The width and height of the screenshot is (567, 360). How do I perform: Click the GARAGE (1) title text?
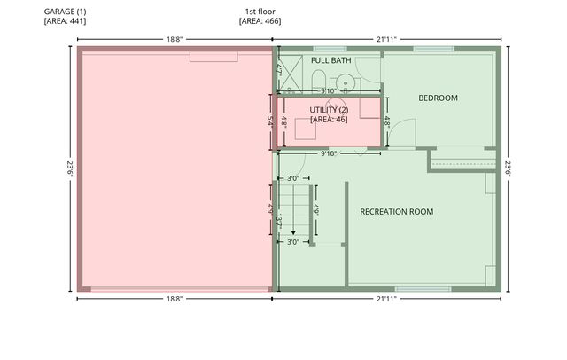65,12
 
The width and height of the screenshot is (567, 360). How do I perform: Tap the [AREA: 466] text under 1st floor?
260,21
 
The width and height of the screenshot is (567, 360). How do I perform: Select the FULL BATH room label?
330,60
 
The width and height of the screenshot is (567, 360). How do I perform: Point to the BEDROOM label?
438,98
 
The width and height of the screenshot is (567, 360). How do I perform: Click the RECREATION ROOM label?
397,212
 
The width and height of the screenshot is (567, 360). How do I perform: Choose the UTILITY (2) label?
329,110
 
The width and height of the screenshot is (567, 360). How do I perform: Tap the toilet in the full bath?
319,81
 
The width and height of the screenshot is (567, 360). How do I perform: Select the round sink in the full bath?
346,83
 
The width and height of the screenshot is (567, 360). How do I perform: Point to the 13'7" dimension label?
279,222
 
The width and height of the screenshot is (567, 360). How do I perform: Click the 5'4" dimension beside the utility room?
270,121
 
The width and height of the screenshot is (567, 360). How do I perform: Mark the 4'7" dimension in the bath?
279,70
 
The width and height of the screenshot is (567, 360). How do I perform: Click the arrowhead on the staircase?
293,232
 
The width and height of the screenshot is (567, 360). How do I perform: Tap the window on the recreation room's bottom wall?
423,289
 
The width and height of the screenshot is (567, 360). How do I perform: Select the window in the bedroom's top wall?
434,49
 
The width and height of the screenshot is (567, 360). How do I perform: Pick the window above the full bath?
330,49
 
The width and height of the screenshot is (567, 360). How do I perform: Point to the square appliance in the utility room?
306,129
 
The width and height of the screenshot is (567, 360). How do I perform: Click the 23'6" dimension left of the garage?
70,169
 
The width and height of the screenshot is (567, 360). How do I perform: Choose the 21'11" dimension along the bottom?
386,299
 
